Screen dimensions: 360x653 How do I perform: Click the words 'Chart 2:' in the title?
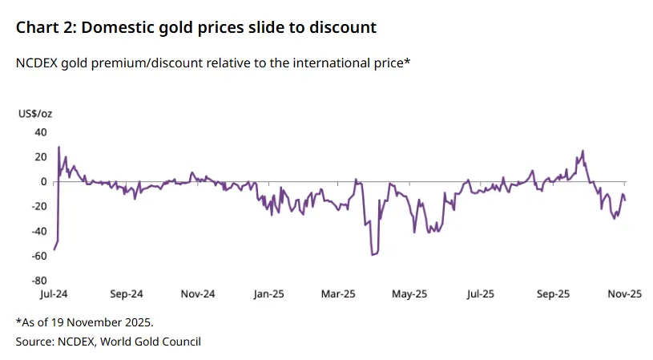pos(46,27)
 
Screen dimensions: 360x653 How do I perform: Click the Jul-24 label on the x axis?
pos(54,294)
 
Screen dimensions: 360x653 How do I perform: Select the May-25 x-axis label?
pos(409,294)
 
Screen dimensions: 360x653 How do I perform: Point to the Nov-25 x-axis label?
pos(623,294)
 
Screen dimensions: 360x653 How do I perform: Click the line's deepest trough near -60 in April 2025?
pos(373,255)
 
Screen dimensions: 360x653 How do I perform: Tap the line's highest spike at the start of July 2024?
pos(58,148)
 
